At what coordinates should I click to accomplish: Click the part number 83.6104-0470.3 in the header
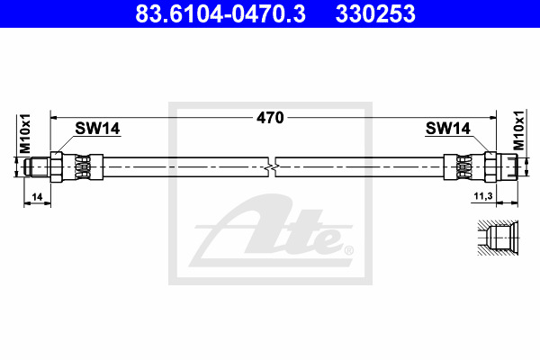coord(220,13)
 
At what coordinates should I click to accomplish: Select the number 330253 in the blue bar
coord(375,13)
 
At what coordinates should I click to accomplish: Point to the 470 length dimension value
coord(270,118)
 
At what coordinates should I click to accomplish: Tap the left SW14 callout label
coord(97,129)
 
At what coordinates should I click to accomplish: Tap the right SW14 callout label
coord(447,129)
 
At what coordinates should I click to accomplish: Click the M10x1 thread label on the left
coord(25,133)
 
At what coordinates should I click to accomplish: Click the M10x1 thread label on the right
coord(518,130)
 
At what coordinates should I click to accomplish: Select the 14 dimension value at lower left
coord(37,197)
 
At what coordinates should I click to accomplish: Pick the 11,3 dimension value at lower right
coord(483,196)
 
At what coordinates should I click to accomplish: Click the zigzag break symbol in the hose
coord(272,167)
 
